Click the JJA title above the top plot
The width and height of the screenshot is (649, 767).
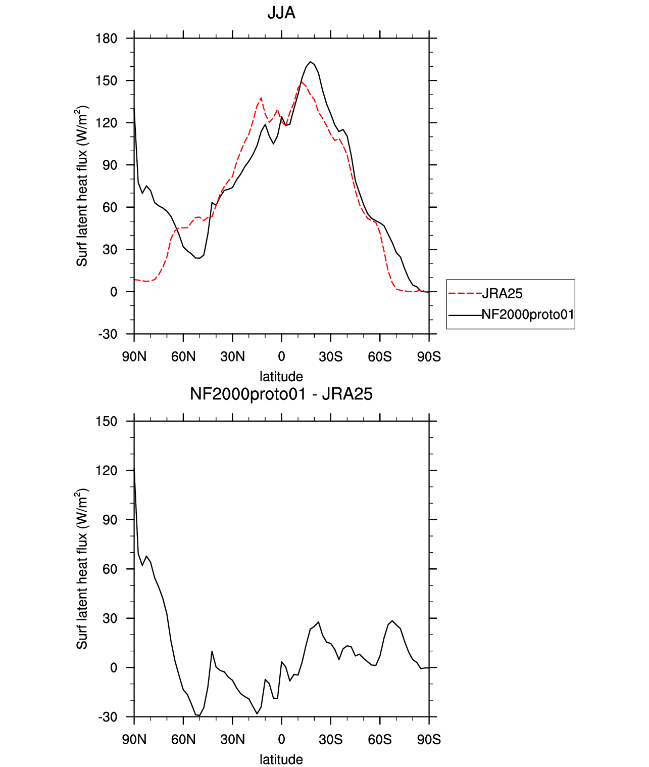281,13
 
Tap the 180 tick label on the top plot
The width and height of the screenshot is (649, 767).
107,38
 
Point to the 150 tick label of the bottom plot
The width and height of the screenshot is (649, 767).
107,421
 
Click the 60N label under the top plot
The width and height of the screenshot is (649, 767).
183,356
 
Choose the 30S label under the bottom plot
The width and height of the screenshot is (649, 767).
331,740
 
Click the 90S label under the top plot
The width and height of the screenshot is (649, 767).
429,356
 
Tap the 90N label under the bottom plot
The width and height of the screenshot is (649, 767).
134,740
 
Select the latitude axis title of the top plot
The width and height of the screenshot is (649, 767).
281,377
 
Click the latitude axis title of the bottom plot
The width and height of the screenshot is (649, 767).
281,759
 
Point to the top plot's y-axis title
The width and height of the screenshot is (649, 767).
82,186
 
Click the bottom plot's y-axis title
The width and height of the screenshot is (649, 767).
82,569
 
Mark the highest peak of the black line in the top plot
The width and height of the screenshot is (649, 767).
310,62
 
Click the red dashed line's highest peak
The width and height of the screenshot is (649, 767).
302,82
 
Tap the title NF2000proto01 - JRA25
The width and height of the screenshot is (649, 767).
281,394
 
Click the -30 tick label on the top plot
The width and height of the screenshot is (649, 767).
108,334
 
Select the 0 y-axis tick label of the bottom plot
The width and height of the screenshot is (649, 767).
114,667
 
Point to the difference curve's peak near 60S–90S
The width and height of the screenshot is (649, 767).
392,620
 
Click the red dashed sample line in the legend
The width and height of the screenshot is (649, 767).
465,294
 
